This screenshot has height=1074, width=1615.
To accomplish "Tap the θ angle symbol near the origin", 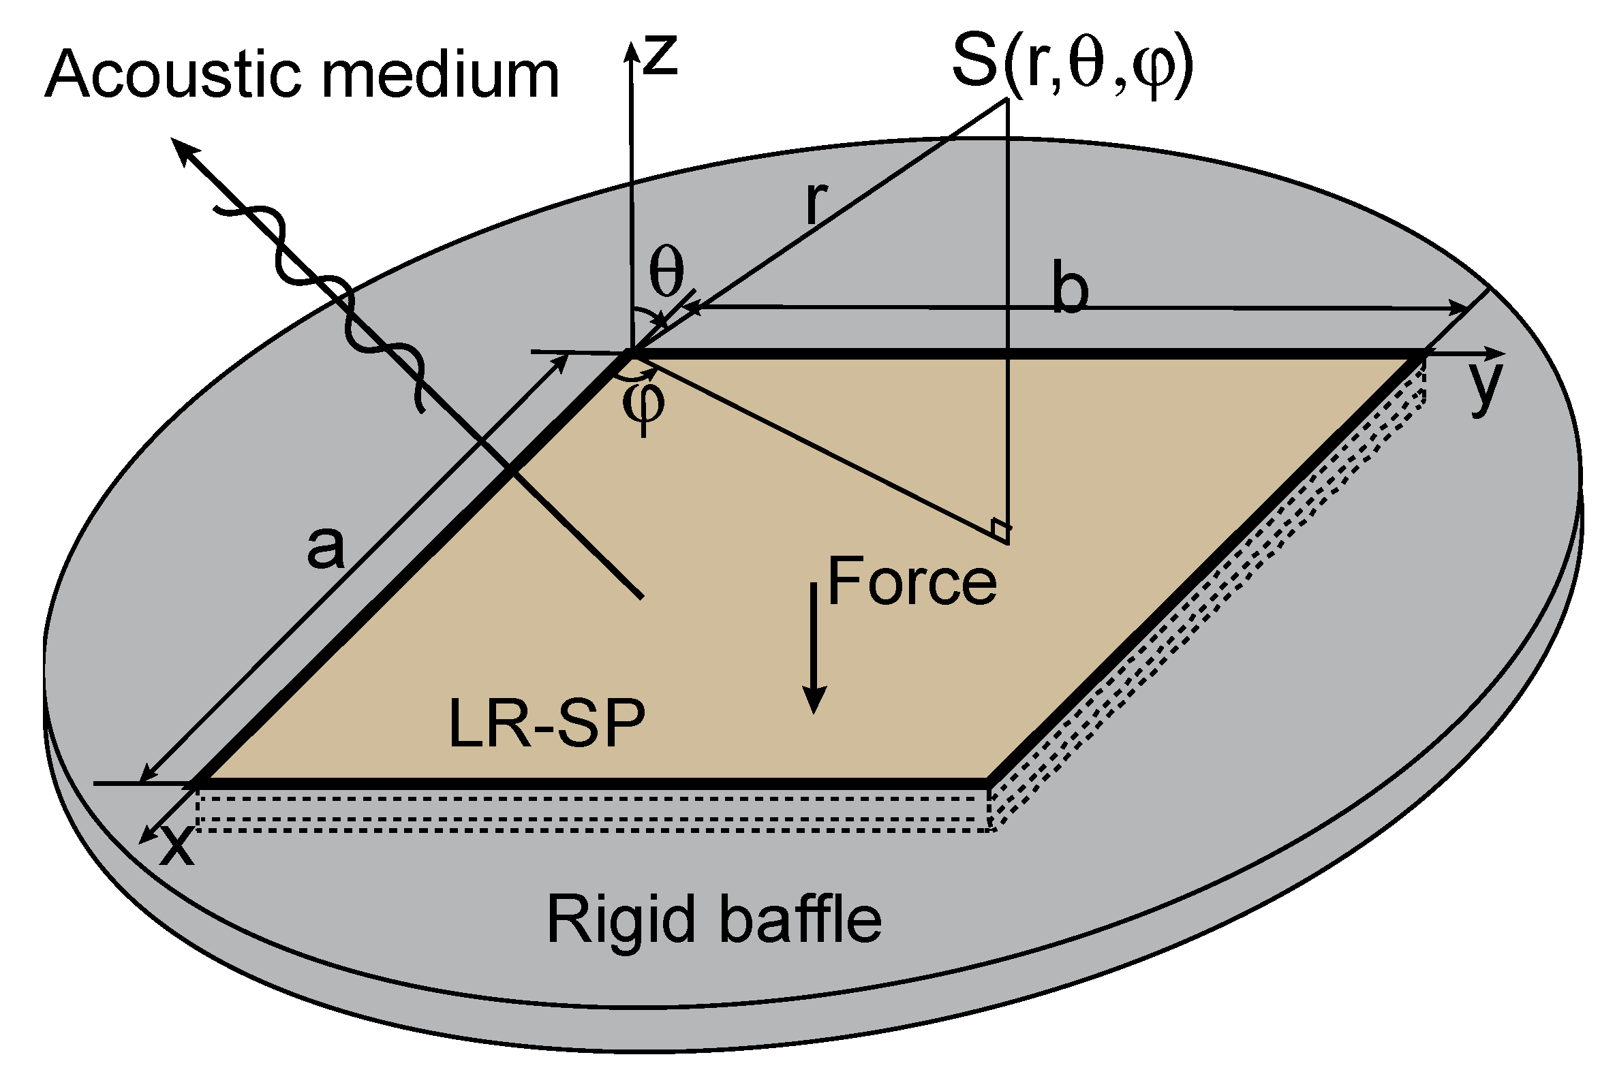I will pos(666,271).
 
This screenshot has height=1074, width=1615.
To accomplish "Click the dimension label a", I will pos(325,548).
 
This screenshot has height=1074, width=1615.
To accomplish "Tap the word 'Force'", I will pos(911,582).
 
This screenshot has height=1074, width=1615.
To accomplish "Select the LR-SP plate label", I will pos(546,723).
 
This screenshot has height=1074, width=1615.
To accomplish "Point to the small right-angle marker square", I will pos(1000,528).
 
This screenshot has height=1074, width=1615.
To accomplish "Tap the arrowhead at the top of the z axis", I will pos(630,50).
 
